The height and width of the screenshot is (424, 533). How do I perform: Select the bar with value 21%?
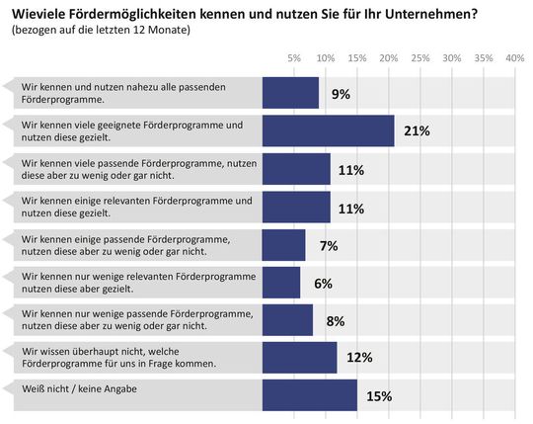click(x=328, y=130)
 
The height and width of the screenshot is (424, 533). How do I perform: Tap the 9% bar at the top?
click(x=290, y=93)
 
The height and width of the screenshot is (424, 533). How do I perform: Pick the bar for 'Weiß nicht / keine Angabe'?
click(x=309, y=395)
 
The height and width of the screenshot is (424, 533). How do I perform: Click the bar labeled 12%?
click(x=299, y=358)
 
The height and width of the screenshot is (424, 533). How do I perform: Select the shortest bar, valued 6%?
click(x=281, y=283)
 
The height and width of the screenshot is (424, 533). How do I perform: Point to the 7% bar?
click(x=284, y=245)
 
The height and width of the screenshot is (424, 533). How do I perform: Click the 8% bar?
click(x=287, y=320)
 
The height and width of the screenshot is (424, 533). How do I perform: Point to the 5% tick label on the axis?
click(x=293, y=58)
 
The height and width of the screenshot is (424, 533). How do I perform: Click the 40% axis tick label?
click(x=514, y=58)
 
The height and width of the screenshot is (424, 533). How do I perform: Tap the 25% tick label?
click(x=419, y=58)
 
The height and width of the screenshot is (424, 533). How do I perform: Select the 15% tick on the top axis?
click(x=356, y=58)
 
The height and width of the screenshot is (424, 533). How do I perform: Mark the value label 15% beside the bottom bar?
click(x=379, y=396)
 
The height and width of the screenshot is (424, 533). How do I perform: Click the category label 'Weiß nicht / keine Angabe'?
click(x=78, y=388)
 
